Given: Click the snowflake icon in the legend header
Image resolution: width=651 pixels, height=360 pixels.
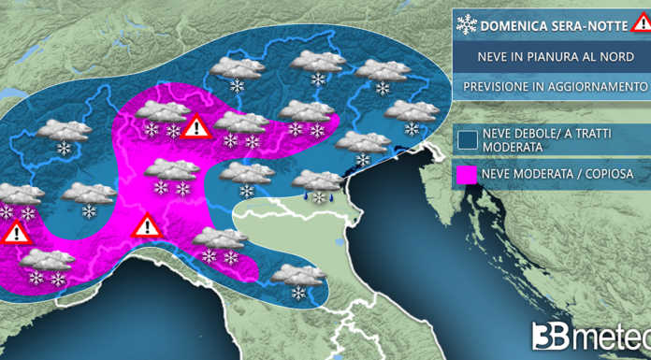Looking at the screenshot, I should click(x=466, y=25).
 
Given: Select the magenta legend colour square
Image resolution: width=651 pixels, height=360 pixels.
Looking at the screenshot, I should click(x=468, y=175).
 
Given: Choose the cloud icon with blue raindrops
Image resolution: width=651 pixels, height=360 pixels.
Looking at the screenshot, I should click(x=318, y=185).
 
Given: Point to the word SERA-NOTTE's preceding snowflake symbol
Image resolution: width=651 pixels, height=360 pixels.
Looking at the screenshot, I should click(x=466, y=25).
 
